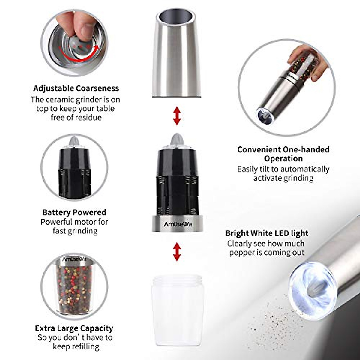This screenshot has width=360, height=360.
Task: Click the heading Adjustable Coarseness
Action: pyautogui.click(x=76, y=88)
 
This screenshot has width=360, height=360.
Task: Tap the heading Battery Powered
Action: pyautogui.click(x=74, y=212)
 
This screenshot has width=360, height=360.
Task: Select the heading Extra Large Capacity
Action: pyautogui.click(x=74, y=328)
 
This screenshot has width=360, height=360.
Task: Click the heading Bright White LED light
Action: pyautogui.click(x=267, y=233)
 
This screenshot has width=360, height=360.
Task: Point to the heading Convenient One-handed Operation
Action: pyautogui.click(x=283, y=154)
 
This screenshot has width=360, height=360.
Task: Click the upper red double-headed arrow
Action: pyautogui.click(x=177, y=115)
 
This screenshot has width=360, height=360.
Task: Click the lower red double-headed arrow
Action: pyautogui.click(x=177, y=251)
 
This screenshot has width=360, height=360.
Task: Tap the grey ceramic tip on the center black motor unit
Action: pyautogui.click(x=177, y=139)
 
